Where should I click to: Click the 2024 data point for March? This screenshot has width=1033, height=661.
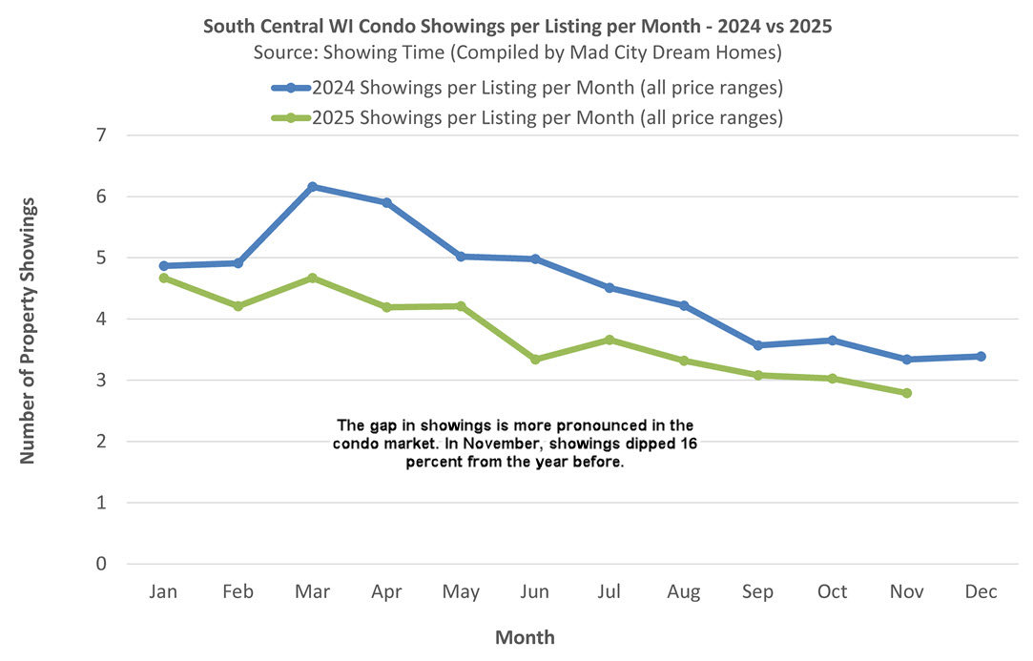[x=313, y=187]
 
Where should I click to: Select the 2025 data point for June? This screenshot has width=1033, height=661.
[x=535, y=360]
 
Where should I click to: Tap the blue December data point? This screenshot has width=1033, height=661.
[x=981, y=357]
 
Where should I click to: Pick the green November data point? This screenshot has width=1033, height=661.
[x=906, y=393]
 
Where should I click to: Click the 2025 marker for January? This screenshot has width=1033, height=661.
[x=164, y=278]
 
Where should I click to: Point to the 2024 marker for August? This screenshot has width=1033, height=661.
[x=684, y=305]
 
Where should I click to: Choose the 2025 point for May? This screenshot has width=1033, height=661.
[x=461, y=306]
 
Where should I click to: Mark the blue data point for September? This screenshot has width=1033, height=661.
[x=758, y=345]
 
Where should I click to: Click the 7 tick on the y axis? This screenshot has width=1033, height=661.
[x=102, y=135]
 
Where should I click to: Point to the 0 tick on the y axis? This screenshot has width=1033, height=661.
[x=102, y=564]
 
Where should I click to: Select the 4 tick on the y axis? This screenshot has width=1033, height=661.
[x=102, y=320]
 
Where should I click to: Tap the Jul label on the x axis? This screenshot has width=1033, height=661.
[x=609, y=592]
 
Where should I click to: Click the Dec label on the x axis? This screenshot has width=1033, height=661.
[x=981, y=592]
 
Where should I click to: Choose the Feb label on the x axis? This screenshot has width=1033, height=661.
[x=238, y=592]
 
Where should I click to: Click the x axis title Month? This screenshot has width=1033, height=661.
[x=525, y=637]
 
